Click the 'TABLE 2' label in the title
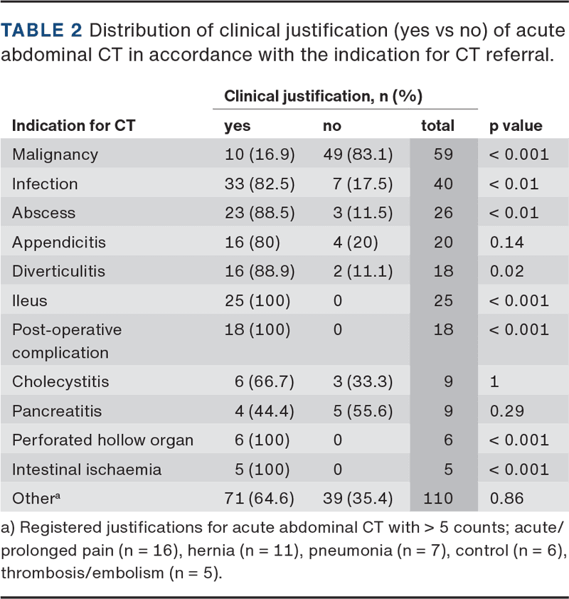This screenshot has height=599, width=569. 42,31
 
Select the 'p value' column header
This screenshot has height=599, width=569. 516,126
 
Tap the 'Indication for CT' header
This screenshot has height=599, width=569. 73,126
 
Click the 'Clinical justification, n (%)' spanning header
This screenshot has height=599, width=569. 324,95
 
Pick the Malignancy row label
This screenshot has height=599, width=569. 55,154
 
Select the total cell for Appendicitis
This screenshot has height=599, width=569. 443,242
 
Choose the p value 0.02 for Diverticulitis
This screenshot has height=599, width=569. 506,271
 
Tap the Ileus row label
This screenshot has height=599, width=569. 30,300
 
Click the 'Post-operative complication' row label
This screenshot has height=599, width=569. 67,341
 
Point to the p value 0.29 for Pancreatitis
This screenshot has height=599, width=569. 506,410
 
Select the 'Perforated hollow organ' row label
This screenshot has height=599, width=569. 102,440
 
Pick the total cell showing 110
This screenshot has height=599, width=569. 438,498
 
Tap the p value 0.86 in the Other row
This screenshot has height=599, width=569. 506,498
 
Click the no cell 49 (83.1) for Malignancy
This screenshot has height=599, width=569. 357,154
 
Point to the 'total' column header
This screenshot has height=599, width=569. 437,126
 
